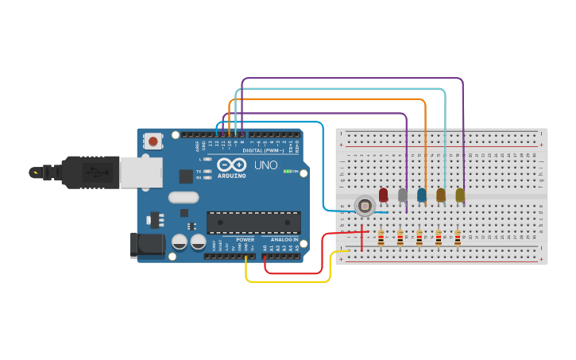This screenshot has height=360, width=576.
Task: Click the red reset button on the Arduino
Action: click(x=153, y=141)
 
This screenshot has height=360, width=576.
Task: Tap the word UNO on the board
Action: click(x=266, y=165)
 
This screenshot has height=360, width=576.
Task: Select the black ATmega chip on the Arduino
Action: click(x=253, y=222)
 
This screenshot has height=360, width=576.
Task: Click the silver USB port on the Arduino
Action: click(x=141, y=172)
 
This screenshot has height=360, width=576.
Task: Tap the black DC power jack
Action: click(x=147, y=244)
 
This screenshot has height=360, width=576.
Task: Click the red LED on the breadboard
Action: click(x=383, y=194)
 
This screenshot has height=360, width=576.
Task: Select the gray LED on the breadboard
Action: click(x=402, y=194)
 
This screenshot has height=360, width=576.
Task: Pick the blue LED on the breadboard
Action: click(x=421, y=194)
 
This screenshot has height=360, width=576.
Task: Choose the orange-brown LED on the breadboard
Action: click(x=441, y=194)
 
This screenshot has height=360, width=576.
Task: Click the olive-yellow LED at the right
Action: click(x=460, y=194)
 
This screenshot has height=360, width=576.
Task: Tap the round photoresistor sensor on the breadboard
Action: click(x=365, y=206)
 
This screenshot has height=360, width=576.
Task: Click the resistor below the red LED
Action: click(x=381, y=238)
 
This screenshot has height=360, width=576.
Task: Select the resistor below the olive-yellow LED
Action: click(x=458, y=238)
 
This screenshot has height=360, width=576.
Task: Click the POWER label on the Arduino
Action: click(x=245, y=239)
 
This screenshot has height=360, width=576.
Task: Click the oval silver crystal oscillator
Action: click(x=183, y=197)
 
